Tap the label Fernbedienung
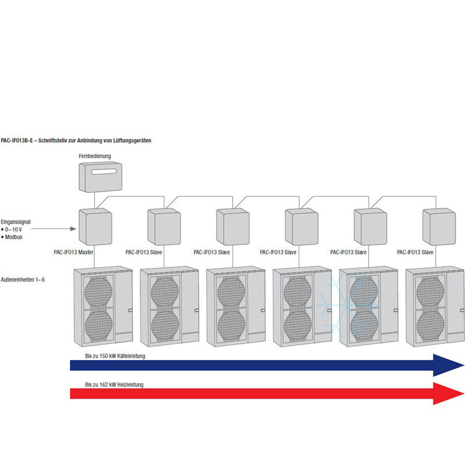click(x=95, y=156)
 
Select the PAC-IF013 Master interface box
click(x=95, y=227)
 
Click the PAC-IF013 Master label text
click(x=73, y=252)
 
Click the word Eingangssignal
click(x=16, y=222)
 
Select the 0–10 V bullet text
click(x=13, y=230)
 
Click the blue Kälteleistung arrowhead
click(x=448, y=365)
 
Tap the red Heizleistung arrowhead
click(x=448, y=394)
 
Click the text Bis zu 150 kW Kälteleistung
click(x=114, y=356)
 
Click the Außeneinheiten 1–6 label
click(x=23, y=280)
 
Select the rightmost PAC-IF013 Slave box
click(x=439, y=227)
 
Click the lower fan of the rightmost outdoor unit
click(x=430, y=324)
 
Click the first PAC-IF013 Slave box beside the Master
click(x=164, y=227)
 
